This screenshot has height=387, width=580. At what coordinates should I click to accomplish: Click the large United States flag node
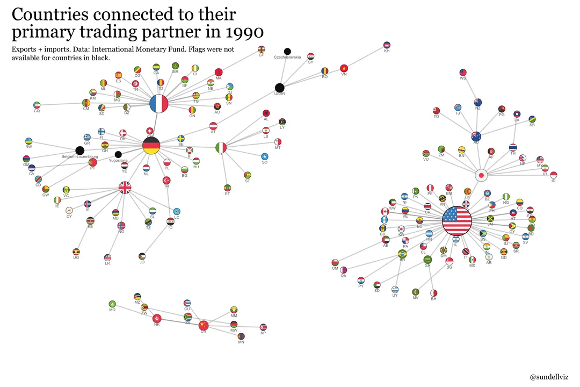coord(456,220)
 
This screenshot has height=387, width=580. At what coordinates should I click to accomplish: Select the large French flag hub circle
coord(159,104)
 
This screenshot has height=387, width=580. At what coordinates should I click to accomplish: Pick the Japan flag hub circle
coord(482,175)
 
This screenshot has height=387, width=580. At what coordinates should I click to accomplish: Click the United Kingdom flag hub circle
coord(125,187)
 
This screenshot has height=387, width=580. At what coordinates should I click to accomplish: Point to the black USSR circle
coord(279,88)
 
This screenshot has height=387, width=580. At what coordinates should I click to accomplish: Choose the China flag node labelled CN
coord(203,325)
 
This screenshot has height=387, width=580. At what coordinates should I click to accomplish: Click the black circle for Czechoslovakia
coord(287,51)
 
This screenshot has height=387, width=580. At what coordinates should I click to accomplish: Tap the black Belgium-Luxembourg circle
coord(79,150)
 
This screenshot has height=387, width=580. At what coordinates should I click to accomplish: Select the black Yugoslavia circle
coord(118,155)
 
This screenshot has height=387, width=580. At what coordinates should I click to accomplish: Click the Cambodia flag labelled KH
coord(387,45)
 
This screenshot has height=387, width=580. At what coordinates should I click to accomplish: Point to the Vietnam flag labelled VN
coord(344,68)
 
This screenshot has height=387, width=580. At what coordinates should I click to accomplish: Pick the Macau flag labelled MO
coord(112,304)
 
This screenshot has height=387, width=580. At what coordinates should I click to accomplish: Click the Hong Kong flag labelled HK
coord(157,318)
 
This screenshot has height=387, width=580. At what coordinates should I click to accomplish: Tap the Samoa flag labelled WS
coord(463,73)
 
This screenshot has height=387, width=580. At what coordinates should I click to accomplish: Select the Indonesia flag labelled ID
coord(554,175)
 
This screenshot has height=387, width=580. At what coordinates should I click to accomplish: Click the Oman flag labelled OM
coord(335,262)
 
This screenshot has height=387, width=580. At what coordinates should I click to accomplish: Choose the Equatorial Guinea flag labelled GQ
coord(37,105)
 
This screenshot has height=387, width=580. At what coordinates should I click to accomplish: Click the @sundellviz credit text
coord(550,377)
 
